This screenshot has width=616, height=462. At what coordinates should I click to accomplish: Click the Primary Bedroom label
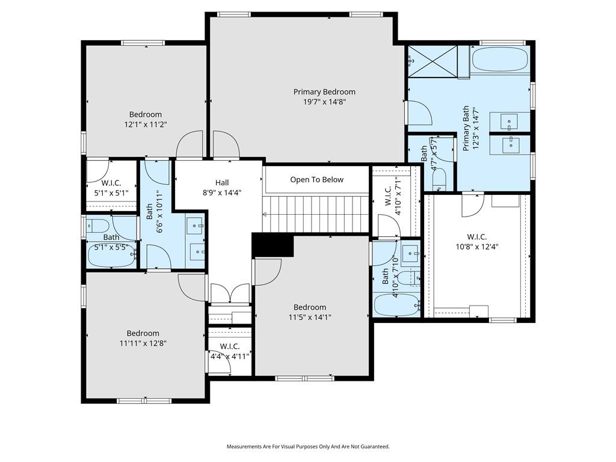[324, 92]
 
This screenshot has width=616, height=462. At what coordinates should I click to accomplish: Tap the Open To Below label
[316, 180]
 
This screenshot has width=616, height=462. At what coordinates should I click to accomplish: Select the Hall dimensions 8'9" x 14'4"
[222, 193]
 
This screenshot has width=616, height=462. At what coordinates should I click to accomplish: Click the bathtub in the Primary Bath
[500, 60]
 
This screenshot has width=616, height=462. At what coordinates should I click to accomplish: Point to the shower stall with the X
[433, 61]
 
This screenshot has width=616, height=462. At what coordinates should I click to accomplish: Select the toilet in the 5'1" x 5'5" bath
[97, 226]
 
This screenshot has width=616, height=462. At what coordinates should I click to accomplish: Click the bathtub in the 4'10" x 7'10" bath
[396, 304]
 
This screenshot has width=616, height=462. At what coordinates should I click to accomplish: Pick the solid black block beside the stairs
[273, 245]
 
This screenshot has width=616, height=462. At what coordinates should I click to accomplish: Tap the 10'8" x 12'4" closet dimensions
[477, 247]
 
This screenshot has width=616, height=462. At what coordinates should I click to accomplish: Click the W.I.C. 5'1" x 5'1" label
[111, 188]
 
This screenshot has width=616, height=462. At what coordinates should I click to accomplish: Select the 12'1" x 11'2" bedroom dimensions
[146, 125]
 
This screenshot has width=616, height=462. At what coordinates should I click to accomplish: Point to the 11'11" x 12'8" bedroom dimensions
[143, 343]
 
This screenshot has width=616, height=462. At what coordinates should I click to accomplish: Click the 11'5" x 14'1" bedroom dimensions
[310, 318]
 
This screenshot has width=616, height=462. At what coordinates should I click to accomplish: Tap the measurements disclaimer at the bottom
[308, 447]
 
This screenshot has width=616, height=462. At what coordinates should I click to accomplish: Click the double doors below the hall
[230, 294]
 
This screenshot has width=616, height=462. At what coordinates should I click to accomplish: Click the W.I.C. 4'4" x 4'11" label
[230, 351]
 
